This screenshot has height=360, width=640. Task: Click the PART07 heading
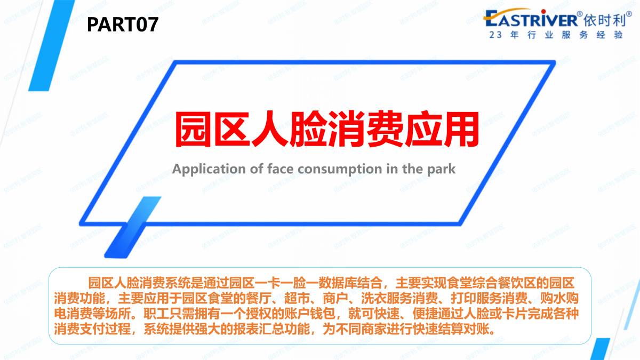123,25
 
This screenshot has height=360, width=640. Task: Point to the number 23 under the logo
495,35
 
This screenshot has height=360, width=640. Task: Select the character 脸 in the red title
308,129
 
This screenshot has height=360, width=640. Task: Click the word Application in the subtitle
209,169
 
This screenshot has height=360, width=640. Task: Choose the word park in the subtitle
442,170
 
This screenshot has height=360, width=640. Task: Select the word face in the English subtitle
281,169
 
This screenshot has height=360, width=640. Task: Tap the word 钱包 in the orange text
323,314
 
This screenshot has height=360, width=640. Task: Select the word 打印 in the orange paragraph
463,298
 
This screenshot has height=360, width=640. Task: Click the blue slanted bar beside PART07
52,45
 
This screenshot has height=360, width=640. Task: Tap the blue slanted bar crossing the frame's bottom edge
133,227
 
